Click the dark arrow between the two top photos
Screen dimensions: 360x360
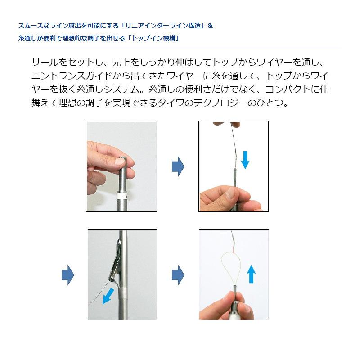[x=178, y=166]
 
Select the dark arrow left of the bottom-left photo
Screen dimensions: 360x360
[x=67, y=274]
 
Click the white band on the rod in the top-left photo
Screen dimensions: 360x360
[x=121, y=196]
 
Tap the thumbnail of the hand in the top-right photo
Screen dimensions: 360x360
[x=229, y=194]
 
